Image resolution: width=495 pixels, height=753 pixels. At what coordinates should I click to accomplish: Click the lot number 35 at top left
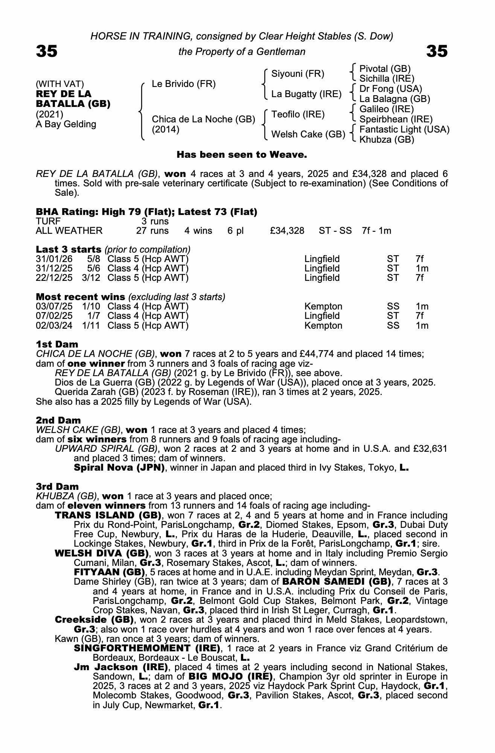[x=47, y=51]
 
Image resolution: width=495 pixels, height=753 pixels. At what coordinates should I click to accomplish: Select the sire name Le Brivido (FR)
[x=184, y=84]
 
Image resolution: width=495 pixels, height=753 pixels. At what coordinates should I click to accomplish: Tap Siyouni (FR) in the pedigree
[x=297, y=74]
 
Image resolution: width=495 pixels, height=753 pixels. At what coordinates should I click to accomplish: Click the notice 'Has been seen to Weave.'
[x=242, y=155]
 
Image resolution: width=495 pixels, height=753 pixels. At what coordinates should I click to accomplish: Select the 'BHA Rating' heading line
[x=146, y=212]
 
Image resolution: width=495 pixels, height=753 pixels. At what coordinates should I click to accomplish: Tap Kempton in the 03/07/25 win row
[x=323, y=306]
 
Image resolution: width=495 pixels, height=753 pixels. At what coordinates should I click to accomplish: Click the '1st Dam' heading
[x=57, y=344]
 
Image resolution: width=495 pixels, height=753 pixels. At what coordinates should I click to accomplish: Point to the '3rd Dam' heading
[x=57, y=486]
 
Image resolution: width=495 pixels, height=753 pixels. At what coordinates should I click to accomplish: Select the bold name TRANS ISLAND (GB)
[x=108, y=515]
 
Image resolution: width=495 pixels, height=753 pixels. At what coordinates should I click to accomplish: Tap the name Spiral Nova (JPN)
[x=119, y=468]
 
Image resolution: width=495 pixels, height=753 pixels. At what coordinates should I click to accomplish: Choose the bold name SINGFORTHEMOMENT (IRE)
[x=147, y=648]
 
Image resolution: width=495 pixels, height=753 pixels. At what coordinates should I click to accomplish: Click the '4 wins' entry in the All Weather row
[x=198, y=231]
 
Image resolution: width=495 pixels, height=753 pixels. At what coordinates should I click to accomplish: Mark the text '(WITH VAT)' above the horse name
[x=60, y=84]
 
